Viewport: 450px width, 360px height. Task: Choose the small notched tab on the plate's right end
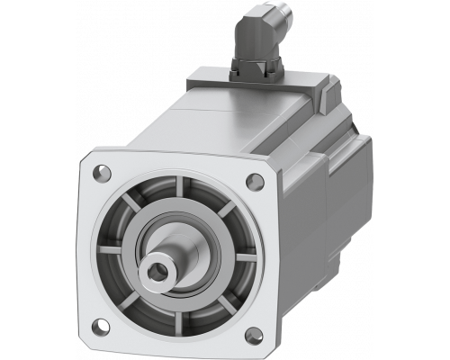(327, 89)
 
